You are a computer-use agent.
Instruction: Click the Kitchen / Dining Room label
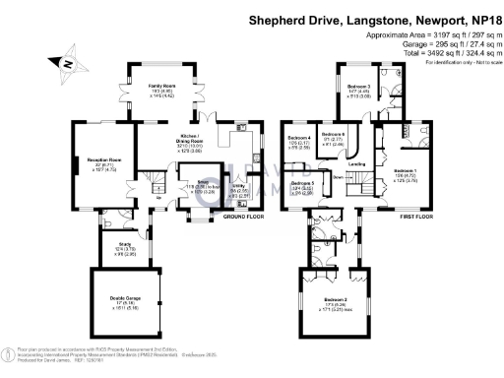pyautogui.click(x=190, y=139)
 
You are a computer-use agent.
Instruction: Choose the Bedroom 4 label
pyautogui.click(x=299, y=137)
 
